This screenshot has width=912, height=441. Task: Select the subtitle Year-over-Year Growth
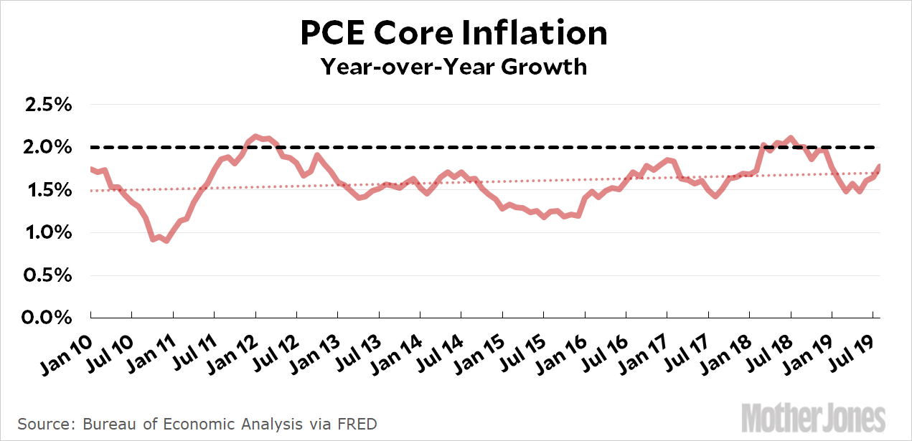453,67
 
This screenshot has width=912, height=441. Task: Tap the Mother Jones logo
813,417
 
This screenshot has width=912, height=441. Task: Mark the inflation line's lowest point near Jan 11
166,241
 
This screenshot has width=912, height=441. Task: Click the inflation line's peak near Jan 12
257,135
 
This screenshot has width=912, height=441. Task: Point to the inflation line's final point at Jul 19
880,166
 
